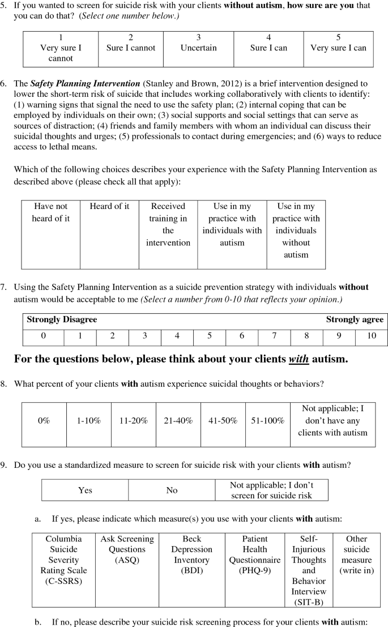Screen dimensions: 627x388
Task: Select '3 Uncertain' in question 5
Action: pyautogui.click(x=198, y=43)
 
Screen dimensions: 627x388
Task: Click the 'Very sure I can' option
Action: pyautogui.click(x=338, y=43)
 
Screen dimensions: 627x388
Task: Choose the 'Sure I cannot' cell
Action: pyautogui.click(x=131, y=43)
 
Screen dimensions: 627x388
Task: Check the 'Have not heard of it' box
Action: pyautogui.click(x=52, y=212)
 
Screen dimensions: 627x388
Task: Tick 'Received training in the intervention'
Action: pyautogui.click(x=168, y=224)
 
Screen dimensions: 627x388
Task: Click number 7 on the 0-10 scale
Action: pyautogui.click(x=274, y=336)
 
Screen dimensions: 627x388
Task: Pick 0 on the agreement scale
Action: pyautogui.click(x=43, y=336)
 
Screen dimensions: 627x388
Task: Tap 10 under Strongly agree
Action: pyautogui.click(x=371, y=336)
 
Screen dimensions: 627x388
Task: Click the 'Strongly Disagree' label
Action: pyautogui.click(x=62, y=319)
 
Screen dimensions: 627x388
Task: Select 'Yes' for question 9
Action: pyautogui.click(x=85, y=490)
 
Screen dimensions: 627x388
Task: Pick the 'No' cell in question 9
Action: pyautogui.click(x=172, y=490)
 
